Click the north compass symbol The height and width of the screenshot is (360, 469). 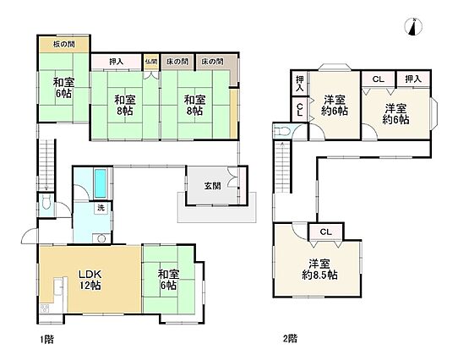[x=414, y=27]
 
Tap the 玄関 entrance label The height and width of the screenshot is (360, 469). [x=213, y=186]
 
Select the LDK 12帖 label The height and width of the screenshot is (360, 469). [x=90, y=280]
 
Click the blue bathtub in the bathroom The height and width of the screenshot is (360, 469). [x=101, y=183]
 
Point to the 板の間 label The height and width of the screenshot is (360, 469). [x=63, y=44]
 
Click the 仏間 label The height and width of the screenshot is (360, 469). [x=151, y=62]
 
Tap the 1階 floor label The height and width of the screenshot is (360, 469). [x=47, y=340]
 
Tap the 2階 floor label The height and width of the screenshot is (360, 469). [x=290, y=339]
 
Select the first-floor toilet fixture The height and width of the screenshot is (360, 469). [x=46, y=204]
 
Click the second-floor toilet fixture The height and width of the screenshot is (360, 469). [x=281, y=131]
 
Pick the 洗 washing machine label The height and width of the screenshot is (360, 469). [x=101, y=207]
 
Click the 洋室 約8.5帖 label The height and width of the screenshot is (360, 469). [x=319, y=270]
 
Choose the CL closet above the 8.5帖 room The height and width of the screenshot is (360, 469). [x=325, y=232]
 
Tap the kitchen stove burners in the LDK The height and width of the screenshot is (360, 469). [x=45, y=308]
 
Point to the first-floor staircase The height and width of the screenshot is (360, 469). [x=46, y=165]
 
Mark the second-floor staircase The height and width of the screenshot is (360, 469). [x=282, y=167]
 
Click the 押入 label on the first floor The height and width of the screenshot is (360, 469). [x=116, y=62]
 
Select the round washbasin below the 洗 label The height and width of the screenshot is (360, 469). [x=102, y=238]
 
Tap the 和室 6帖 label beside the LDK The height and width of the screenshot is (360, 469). [x=168, y=280]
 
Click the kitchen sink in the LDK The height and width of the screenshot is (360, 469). [x=58, y=286]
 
